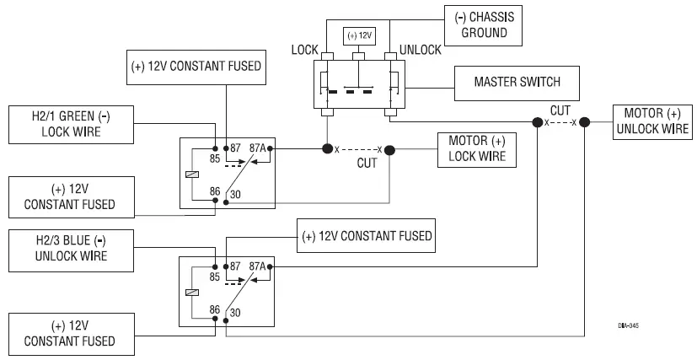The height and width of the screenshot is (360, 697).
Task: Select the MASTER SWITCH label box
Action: pyautogui.click(x=517, y=83)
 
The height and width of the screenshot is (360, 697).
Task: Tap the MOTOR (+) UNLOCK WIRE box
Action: pyautogui.click(x=652, y=121)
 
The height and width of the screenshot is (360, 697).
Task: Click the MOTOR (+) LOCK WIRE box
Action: pyautogui.click(x=476, y=148)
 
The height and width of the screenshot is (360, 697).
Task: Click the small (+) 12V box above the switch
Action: pyautogui.click(x=361, y=37)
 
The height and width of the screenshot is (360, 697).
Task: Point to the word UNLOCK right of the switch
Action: pyautogui.click(x=420, y=51)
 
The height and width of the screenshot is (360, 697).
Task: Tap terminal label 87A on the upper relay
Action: pyautogui.click(x=257, y=148)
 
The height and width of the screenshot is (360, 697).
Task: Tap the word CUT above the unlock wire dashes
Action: pyautogui.click(x=560, y=110)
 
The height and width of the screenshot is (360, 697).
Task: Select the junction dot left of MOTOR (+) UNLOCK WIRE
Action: pyautogui.click(x=587, y=122)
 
